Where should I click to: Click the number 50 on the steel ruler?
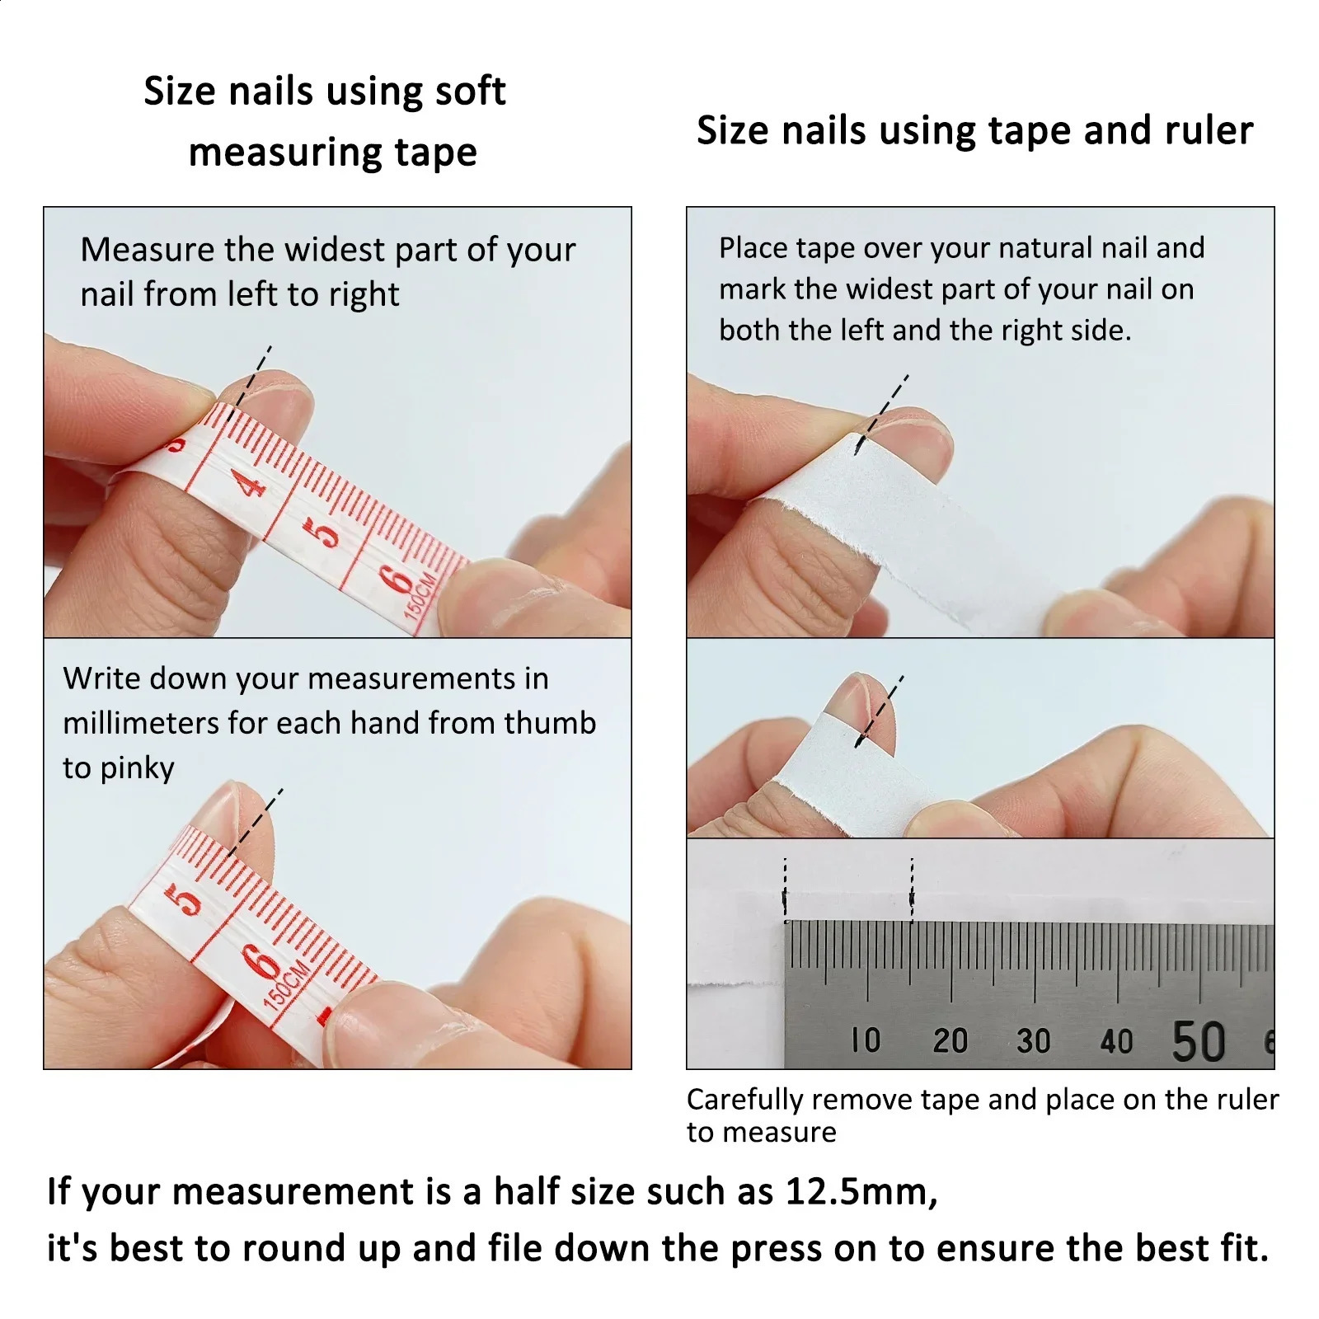[1199, 1041]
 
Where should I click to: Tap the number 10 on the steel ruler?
[866, 1040]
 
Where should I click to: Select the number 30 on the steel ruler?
[1033, 1040]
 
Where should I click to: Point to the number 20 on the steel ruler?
[950, 1040]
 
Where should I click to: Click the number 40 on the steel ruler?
[1116, 1041]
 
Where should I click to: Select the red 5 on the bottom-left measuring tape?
[186, 899]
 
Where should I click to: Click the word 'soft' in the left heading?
[470, 91]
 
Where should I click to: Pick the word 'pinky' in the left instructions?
[137, 768]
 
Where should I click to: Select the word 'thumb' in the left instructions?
[550, 723]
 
